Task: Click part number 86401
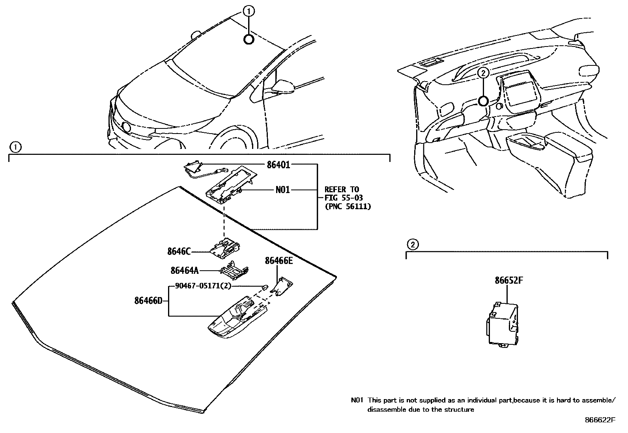pyautogui.click(x=278, y=165)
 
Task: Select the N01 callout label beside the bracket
pyautogui.click(x=282, y=190)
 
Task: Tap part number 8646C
pyautogui.click(x=179, y=251)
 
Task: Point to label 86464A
pyautogui.click(x=184, y=271)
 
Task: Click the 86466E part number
pyautogui.click(x=278, y=260)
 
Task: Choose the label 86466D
pyautogui.click(x=148, y=301)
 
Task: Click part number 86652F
pyautogui.click(x=509, y=281)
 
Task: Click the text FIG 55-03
pyautogui.click(x=343, y=198)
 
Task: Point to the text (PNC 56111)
pyautogui.click(x=348, y=206)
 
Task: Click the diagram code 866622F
pyautogui.click(x=600, y=420)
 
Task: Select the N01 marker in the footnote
pyautogui.click(x=357, y=400)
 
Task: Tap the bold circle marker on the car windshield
pyautogui.click(x=249, y=39)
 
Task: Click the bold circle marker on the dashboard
pyautogui.click(x=483, y=101)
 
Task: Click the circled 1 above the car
pyautogui.click(x=249, y=12)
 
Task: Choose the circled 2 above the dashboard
pyautogui.click(x=483, y=72)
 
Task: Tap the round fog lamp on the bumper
pyautogui.click(x=127, y=127)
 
